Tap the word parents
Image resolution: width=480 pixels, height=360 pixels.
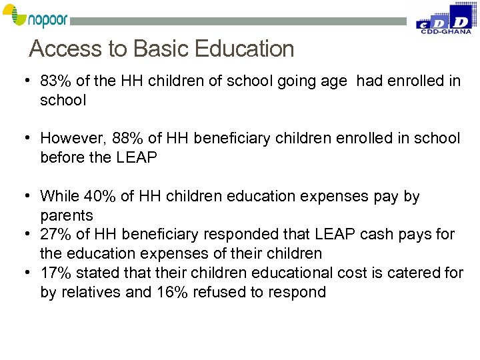pyautogui.click(x=67, y=216)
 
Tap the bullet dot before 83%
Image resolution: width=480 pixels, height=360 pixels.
pyautogui.click(x=24, y=81)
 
